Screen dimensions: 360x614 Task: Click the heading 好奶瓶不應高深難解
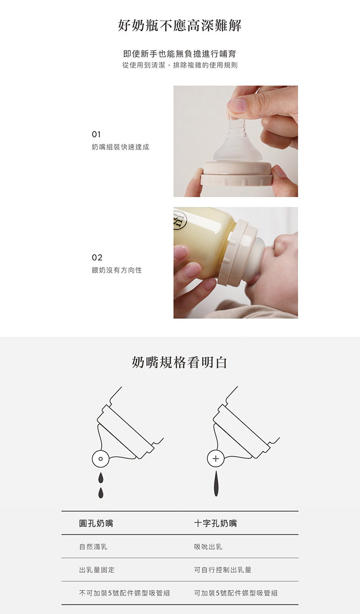180,26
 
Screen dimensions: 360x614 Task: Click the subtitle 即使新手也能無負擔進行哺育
180,54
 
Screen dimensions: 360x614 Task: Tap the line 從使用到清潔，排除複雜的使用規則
180,65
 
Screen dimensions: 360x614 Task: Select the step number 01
96,134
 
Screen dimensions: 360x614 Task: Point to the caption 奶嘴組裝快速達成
120,147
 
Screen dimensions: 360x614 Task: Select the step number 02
97,258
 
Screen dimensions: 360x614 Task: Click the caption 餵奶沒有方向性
117,270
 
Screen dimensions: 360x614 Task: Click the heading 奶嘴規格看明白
180,363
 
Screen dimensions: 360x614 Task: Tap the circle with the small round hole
100,459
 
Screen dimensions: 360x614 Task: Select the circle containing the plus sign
216,459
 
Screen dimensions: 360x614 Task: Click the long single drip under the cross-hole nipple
216,484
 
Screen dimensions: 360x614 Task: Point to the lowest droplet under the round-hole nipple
101,493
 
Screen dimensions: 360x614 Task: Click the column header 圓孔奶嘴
96,523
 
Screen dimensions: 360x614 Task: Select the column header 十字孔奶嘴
216,523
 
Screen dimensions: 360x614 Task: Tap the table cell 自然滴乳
93,547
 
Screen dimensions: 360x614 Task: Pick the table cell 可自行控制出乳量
223,570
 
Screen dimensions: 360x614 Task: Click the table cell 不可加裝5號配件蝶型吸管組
125,593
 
